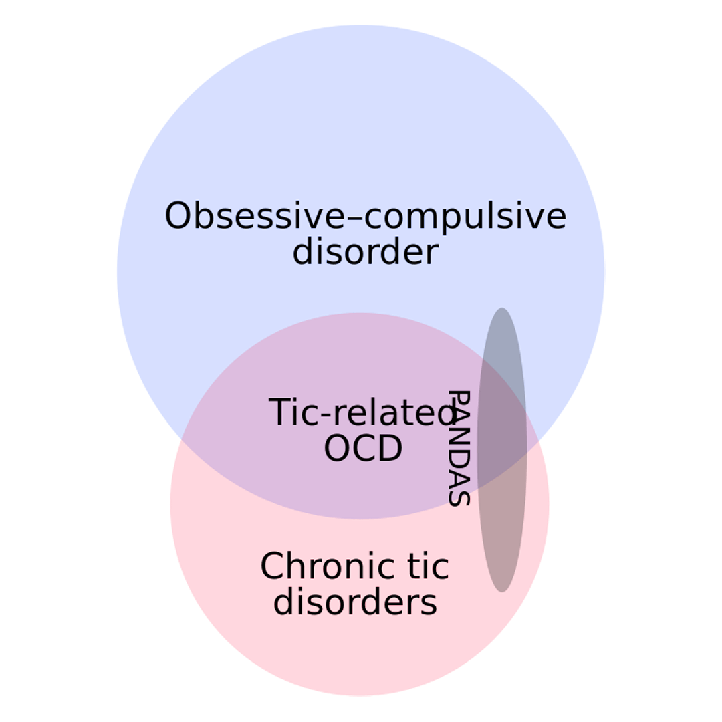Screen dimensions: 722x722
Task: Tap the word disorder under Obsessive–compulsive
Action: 365,253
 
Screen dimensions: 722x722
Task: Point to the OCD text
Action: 363,449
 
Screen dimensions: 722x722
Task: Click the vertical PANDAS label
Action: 459,449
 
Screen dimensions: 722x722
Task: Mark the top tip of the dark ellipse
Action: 501,309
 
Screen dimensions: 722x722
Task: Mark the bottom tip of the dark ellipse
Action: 501,591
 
